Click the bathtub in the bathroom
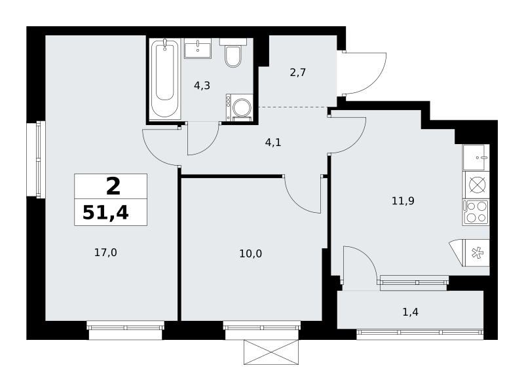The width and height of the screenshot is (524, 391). tap(165, 79)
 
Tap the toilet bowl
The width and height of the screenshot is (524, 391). tap(233, 56)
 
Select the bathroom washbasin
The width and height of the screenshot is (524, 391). tap(198, 48)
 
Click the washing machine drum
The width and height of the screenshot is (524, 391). tap(242, 107)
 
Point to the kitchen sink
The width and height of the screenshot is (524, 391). tap(476, 157)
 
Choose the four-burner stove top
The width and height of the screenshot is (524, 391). tap(476, 212)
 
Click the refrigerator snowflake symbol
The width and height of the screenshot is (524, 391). tap(477, 253)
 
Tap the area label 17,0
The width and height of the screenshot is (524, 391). tap(105, 253)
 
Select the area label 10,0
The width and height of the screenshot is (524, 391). tap(251, 253)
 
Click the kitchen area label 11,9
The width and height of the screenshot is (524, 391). tap(403, 201)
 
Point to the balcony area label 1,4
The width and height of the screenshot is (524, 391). tap(411, 312)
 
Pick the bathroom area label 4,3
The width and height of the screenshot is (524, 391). tap(202, 86)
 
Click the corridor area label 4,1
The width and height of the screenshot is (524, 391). tap(273, 143)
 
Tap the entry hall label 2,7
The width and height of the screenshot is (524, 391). tap(298, 72)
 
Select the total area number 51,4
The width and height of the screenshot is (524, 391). tap(105, 213)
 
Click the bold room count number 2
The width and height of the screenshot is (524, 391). tap(113, 187)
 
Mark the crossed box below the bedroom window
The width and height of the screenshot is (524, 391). tap(271, 352)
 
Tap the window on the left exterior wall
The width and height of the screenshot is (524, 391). tap(41, 159)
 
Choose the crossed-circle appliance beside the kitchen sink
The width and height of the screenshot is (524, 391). tap(477, 185)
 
